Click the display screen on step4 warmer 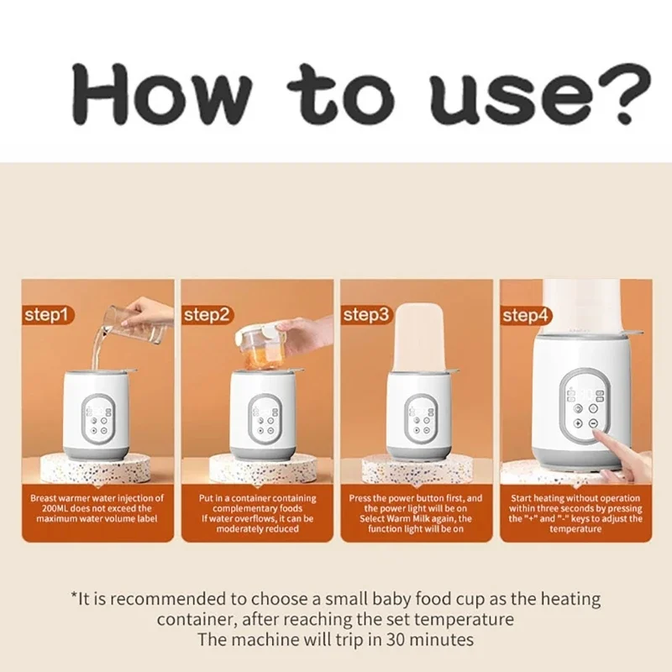[581, 393]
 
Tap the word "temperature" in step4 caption [577, 529]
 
